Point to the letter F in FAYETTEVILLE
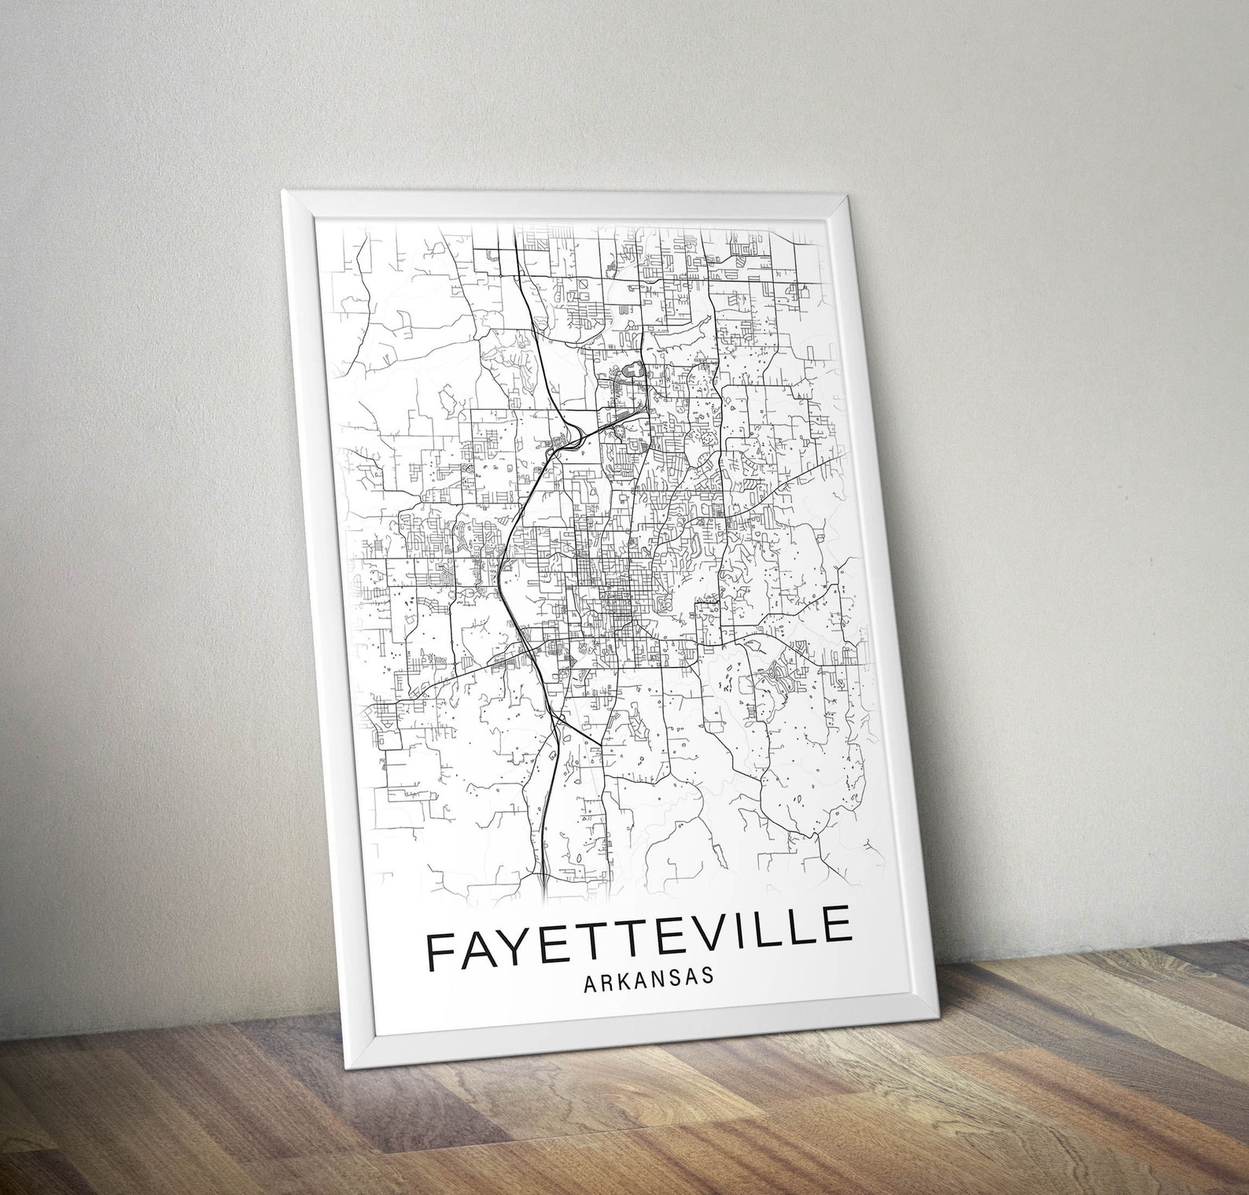coord(440,951)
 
